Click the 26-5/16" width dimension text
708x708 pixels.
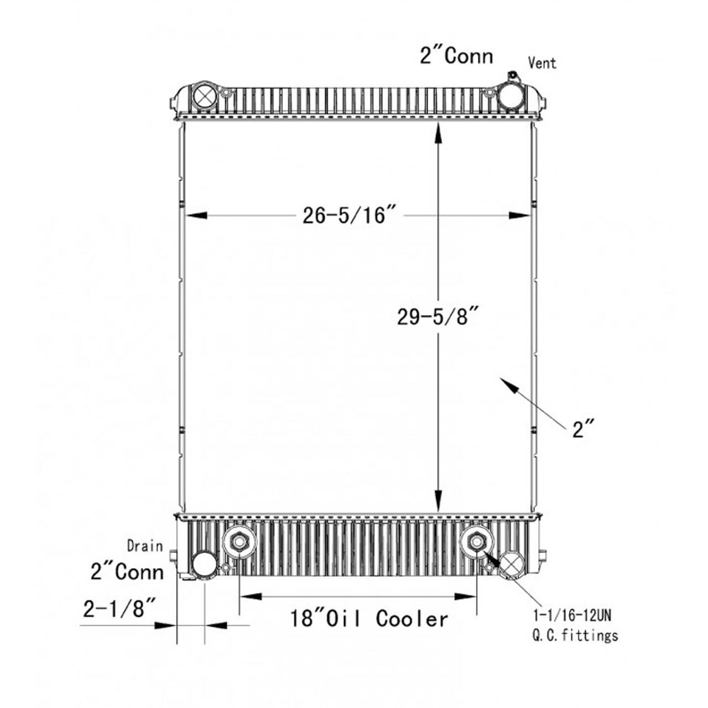[x=351, y=215]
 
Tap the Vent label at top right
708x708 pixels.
[x=542, y=63]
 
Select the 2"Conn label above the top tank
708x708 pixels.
[x=456, y=56]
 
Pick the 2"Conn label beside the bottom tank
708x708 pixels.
[x=127, y=571]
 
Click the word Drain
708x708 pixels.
[x=145, y=546]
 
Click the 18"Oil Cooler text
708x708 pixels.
[x=369, y=618]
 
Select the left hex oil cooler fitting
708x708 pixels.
[x=238, y=542]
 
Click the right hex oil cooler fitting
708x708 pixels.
[x=476, y=542]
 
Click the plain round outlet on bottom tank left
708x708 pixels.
[x=204, y=564]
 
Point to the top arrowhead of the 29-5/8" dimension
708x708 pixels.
[x=438, y=133]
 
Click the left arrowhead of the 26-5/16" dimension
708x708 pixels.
[x=195, y=215]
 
